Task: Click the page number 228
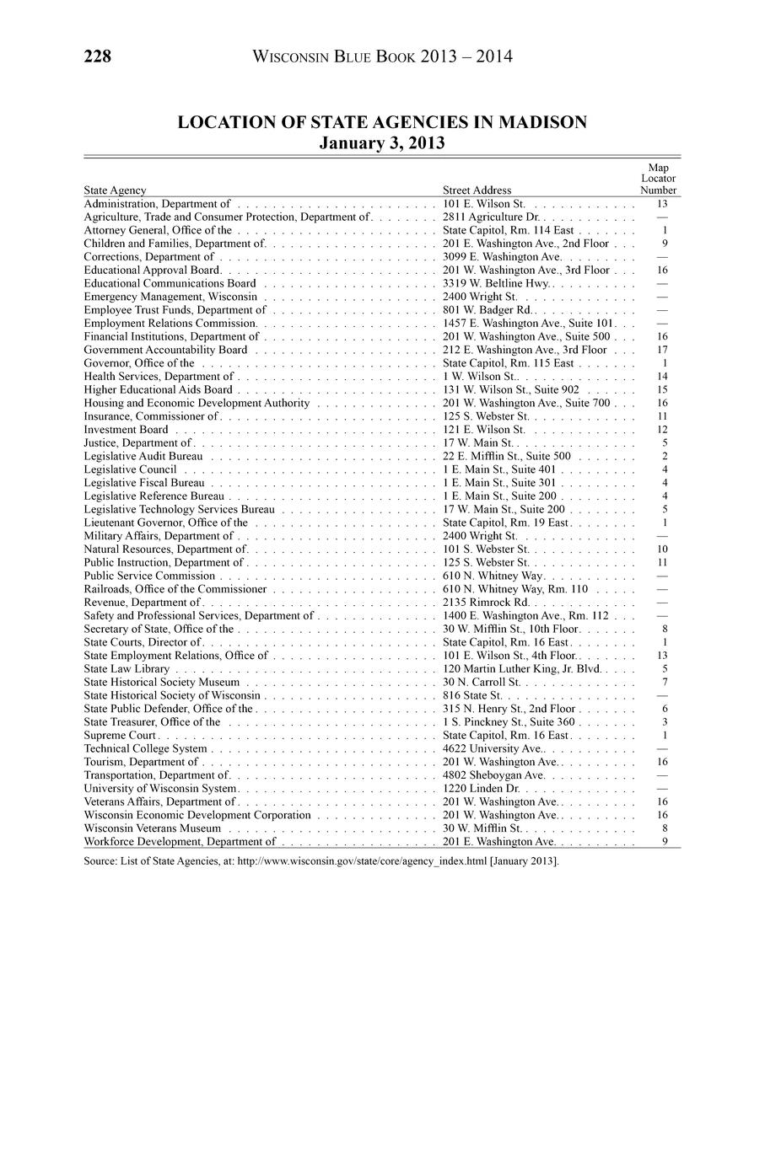(x=98, y=56)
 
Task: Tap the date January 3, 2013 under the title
(x=382, y=142)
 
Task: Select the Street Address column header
(x=477, y=190)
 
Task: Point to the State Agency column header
(x=115, y=190)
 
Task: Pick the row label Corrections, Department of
(x=149, y=256)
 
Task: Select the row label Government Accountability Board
(x=165, y=350)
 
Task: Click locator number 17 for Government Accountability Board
(x=662, y=350)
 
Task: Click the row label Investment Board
(x=126, y=429)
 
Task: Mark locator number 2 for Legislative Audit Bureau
(x=665, y=456)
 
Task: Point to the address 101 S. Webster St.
(x=485, y=549)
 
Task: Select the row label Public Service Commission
(x=149, y=576)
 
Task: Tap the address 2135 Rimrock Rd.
(x=486, y=602)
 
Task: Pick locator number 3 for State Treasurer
(x=665, y=721)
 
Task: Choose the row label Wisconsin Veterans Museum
(x=153, y=828)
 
